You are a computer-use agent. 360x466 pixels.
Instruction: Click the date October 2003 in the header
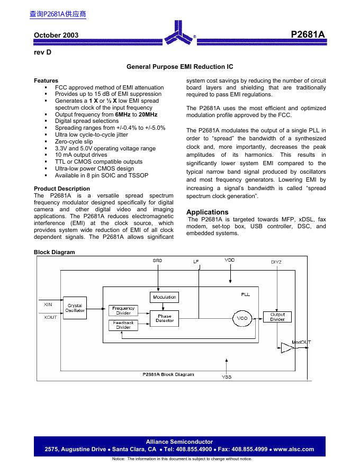coord(56,35)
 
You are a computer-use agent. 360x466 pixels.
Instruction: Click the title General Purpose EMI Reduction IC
coord(180,67)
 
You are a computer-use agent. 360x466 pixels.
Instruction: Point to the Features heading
coord(46,80)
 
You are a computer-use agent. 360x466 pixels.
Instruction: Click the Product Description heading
coord(62,189)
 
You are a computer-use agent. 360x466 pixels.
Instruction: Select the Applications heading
coord(208,212)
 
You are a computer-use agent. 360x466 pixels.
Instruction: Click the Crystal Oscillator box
coord(75,308)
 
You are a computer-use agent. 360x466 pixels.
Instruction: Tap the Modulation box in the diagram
coord(165,297)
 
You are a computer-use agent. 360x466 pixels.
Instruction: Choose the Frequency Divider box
coord(123,310)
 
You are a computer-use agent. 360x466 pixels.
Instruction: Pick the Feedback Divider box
coord(123,325)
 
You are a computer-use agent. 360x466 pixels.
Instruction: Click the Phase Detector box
coord(165,318)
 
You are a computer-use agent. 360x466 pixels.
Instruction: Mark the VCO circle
coord(242,318)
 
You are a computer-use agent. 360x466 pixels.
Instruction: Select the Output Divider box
coord(277,317)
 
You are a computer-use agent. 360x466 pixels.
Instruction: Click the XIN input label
coord(48,304)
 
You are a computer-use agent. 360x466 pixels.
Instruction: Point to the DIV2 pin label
coord(276,262)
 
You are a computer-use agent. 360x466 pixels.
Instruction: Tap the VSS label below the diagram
coord(226,377)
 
